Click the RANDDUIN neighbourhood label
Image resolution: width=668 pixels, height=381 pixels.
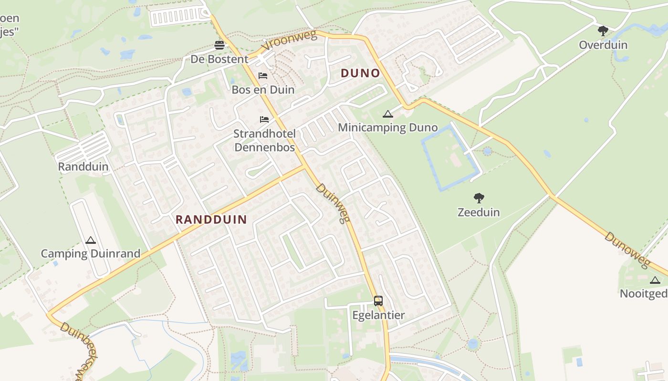click(x=211, y=220)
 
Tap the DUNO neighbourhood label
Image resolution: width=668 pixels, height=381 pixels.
click(x=360, y=73)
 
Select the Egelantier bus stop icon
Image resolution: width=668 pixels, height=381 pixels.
click(x=378, y=301)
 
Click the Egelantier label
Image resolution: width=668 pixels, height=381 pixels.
click(x=378, y=315)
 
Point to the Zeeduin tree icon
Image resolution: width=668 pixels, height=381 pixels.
click(x=479, y=198)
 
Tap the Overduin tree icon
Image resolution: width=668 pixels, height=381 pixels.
click(x=603, y=31)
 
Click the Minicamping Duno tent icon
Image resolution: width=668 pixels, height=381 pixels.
click(x=387, y=114)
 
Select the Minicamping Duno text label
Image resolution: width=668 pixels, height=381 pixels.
click(x=387, y=128)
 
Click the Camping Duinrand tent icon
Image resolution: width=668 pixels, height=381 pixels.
click(x=90, y=240)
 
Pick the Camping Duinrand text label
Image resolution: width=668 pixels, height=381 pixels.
click(x=90, y=253)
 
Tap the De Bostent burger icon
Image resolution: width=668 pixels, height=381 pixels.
click(x=219, y=45)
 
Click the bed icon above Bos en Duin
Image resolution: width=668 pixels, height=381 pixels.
click(x=263, y=75)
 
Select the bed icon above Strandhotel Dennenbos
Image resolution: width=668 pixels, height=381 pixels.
click(x=264, y=119)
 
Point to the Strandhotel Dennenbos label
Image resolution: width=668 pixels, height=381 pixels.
click(x=264, y=140)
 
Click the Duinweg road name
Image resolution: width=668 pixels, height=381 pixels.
click(x=333, y=203)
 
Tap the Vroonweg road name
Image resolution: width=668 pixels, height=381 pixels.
click(x=290, y=42)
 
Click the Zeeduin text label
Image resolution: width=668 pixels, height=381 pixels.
click(x=479, y=212)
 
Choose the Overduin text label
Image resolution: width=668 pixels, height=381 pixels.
click(x=603, y=45)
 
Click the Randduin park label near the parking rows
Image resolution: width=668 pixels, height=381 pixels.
click(x=83, y=167)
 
